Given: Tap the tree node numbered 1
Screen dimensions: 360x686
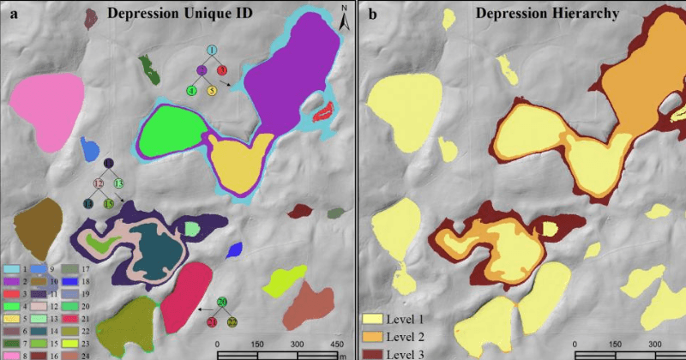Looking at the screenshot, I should point(211,52).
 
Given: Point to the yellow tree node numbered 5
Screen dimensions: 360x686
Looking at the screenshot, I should point(210,90).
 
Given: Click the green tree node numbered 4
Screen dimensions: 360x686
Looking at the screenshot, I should point(192,90).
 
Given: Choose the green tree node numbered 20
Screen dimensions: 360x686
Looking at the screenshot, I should point(222,302).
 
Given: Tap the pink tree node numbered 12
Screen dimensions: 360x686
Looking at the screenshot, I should point(98,183).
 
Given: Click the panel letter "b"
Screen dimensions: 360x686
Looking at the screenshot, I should point(371,14).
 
